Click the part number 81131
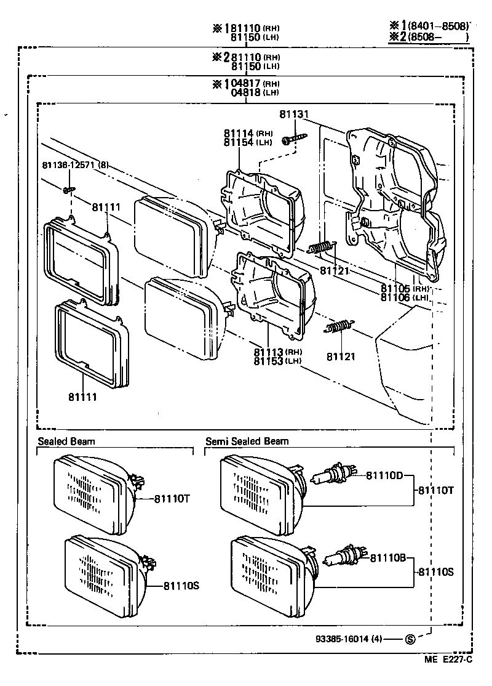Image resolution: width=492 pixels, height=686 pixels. (x=293, y=115)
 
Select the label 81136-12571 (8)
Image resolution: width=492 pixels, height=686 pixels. (x=76, y=165)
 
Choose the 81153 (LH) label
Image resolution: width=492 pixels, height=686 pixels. (x=276, y=361)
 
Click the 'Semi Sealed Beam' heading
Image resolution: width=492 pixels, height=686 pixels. (x=247, y=441)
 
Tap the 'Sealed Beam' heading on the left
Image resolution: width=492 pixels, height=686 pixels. (x=66, y=441)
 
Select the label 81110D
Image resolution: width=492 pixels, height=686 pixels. (x=384, y=475)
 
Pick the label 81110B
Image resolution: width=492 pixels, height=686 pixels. (x=388, y=558)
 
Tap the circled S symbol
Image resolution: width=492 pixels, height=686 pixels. (x=410, y=639)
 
